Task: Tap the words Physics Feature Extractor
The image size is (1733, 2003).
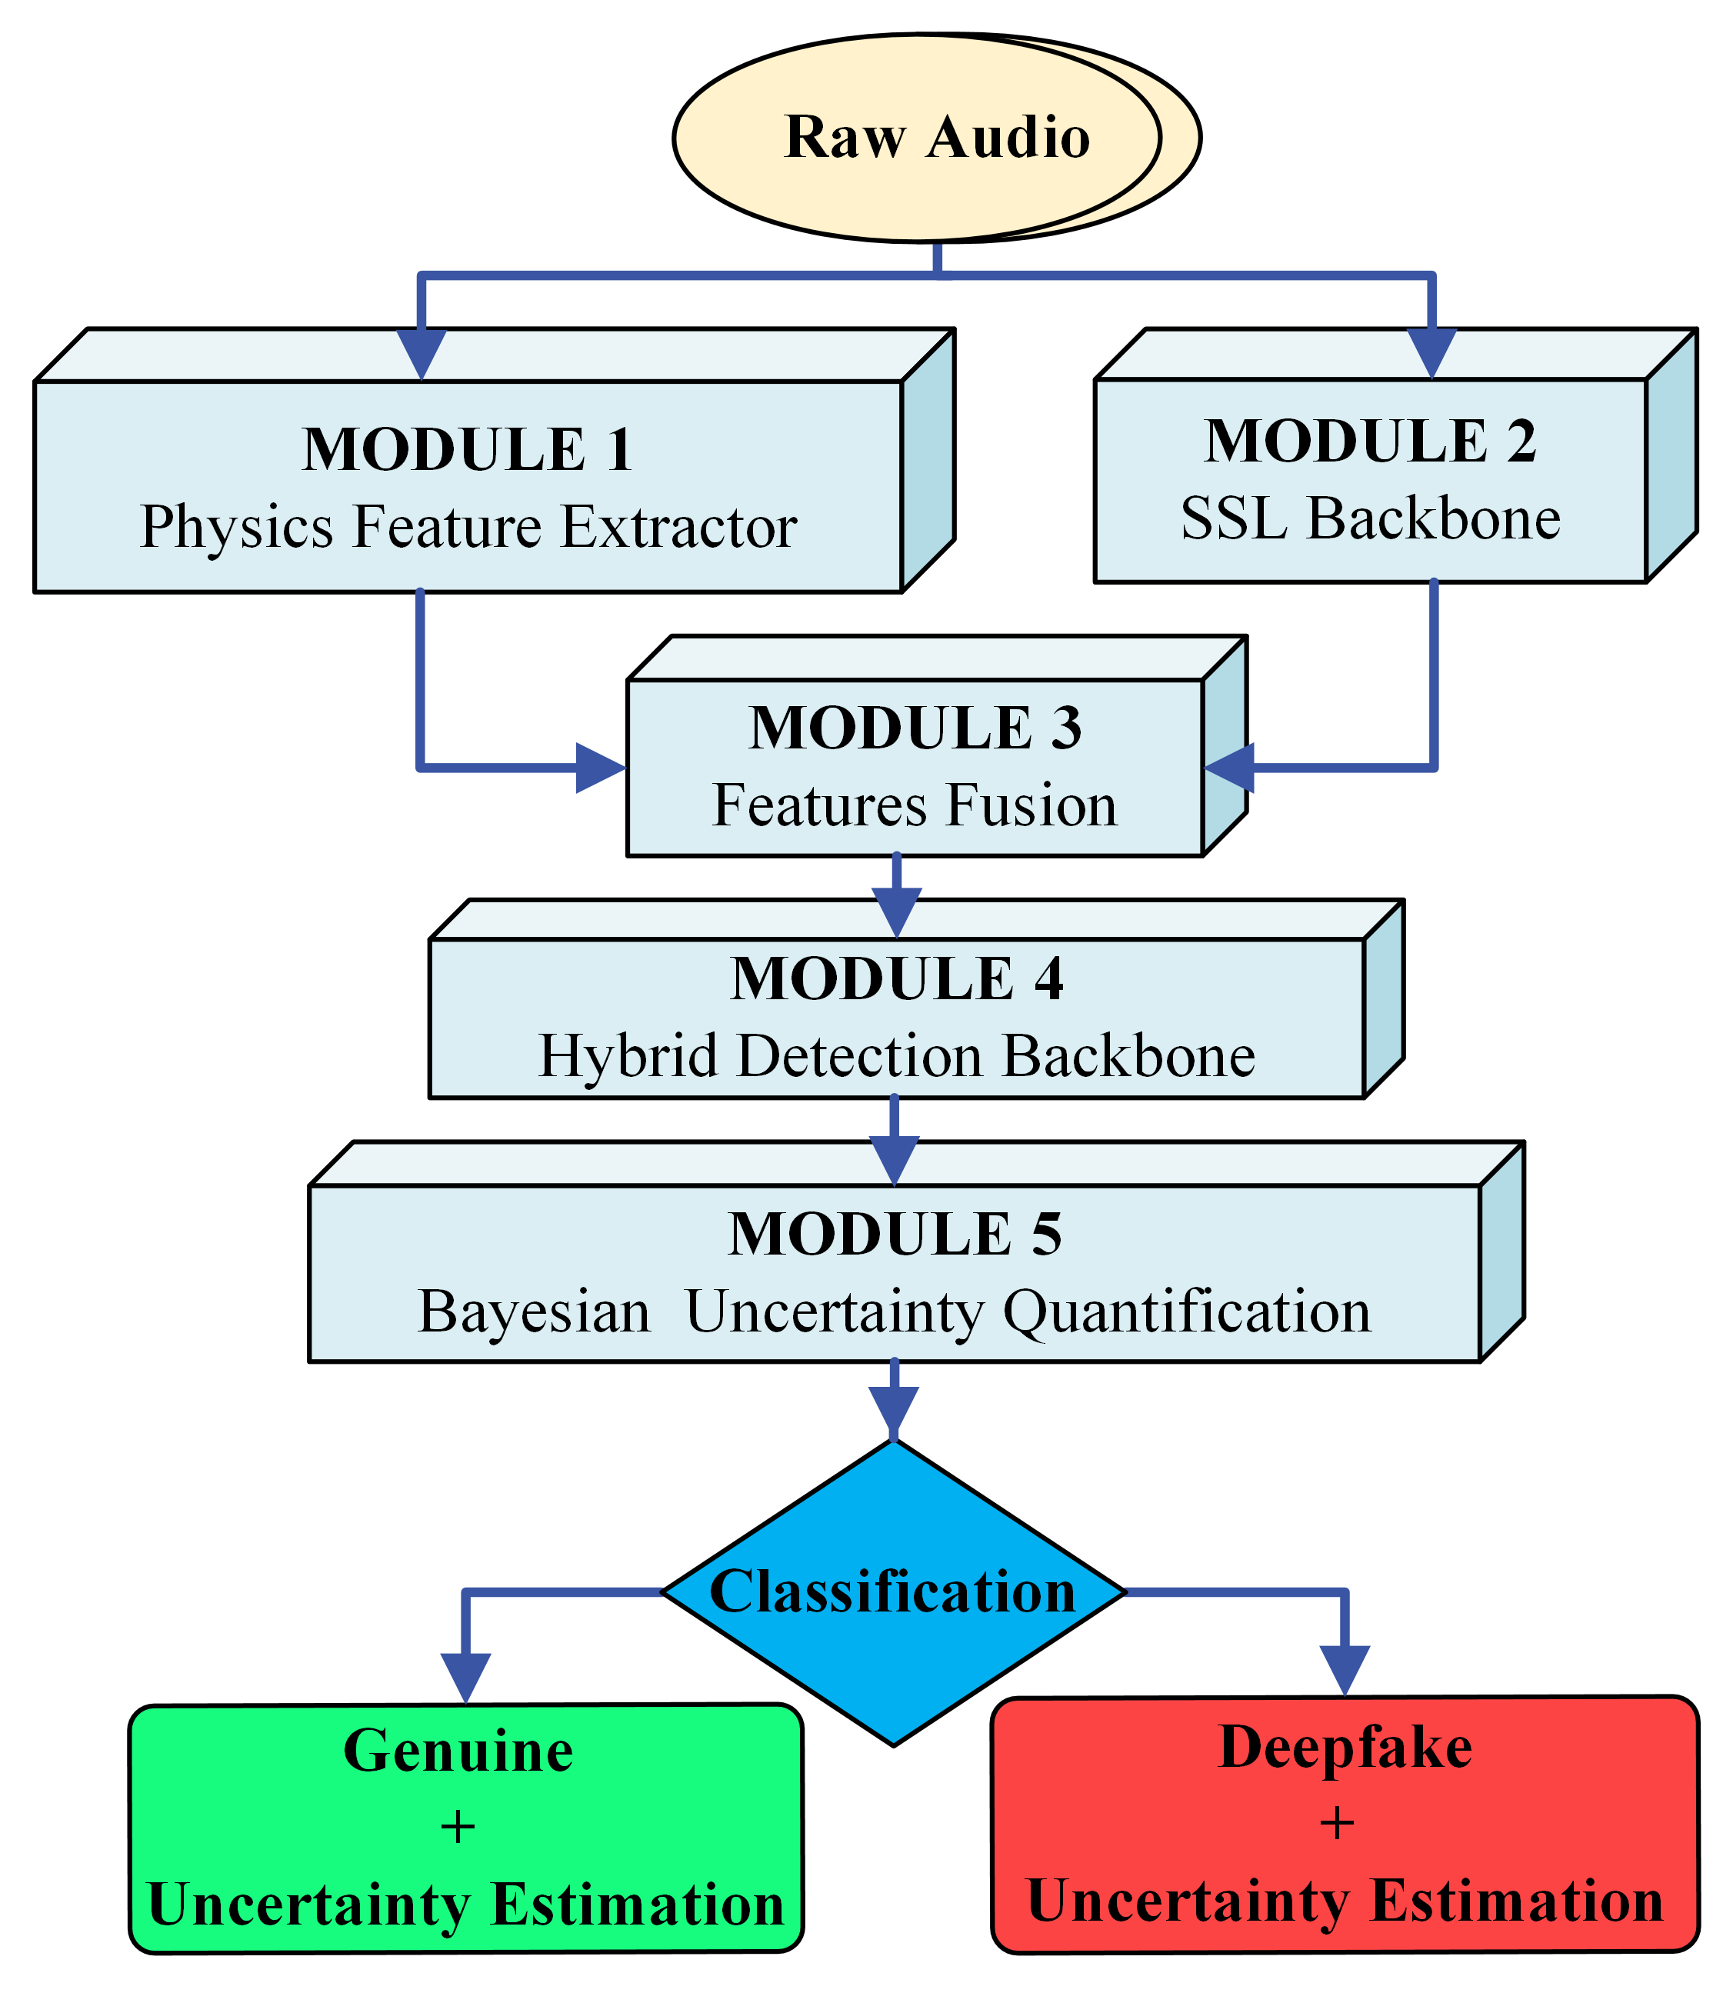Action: (x=468, y=527)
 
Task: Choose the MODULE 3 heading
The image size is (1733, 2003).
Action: (x=914, y=728)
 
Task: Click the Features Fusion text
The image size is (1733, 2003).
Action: (x=914, y=805)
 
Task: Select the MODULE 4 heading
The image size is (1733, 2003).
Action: (x=896, y=978)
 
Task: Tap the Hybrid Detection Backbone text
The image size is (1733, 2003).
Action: (x=896, y=1055)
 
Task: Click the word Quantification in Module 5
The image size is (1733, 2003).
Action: (x=1187, y=1312)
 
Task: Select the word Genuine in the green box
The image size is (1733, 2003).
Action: (x=458, y=1751)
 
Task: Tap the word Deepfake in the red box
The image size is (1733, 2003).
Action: (x=1345, y=1747)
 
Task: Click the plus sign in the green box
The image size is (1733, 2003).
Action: (x=458, y=1827)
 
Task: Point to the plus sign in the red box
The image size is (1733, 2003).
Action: (x=1337, y=1823)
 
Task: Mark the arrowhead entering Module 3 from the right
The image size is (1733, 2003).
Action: (x=1230, y=769)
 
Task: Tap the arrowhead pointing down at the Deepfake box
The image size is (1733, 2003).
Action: (x=1345, y=1670)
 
